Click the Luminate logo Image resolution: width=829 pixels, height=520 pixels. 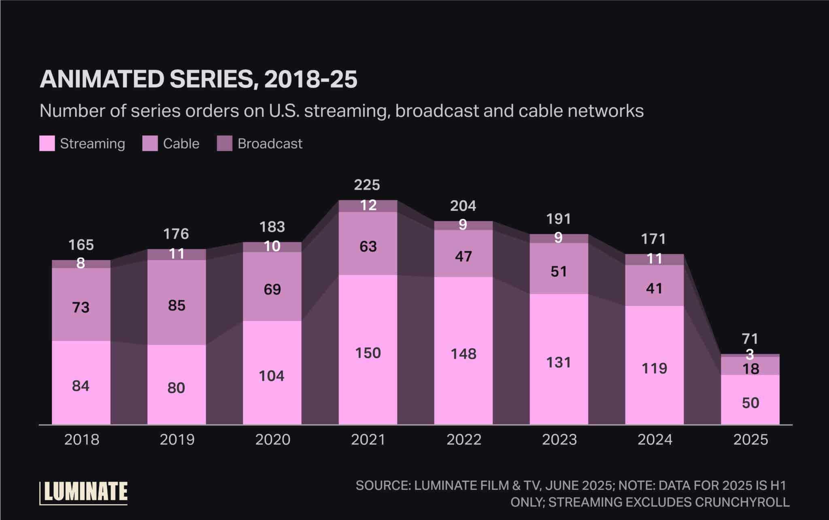(x=84, y=492)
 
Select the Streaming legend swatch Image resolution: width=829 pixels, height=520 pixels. (x=47, y=143)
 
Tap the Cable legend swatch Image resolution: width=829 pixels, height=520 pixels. (x=150, y=143)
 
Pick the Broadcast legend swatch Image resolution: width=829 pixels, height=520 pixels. (x=225, y=143)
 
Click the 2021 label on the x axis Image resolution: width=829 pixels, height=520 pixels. (x=368, y=440)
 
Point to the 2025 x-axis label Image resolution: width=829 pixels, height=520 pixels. (x=750, y=440)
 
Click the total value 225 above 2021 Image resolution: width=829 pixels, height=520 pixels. (x=367, y=185)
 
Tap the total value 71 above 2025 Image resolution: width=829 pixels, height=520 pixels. (x=750, y=338)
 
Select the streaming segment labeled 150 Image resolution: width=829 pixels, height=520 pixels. (x=368, y=353)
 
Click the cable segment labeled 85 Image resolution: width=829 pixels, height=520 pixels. (x=176, y=305)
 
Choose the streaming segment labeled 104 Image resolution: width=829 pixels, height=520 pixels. (x=272, y=376)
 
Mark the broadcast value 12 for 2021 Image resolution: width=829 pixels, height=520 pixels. (x=368, y=205)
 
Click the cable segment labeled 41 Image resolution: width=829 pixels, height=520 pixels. (x=654, y=288)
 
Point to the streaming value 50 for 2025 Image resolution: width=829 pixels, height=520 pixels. (x=750, y=402)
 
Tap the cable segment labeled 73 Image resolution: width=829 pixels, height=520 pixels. (x=81, y=307)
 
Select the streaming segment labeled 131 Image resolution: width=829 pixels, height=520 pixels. (x=559, y=362)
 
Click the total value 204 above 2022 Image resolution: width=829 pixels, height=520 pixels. (x=463, y=206)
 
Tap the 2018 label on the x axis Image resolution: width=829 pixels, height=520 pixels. (x=81, y=440)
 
